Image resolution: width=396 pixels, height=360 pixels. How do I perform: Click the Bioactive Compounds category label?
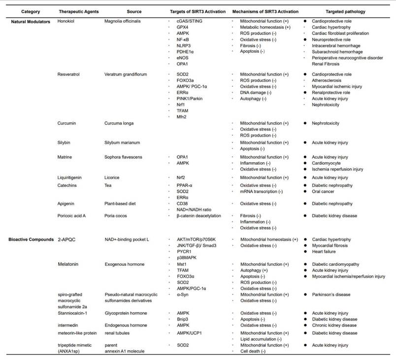[31, 239]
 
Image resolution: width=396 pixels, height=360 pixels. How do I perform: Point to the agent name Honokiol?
[67, 22]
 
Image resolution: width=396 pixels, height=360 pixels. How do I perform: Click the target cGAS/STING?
[190, 22]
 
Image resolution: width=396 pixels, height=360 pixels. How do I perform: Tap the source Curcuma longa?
[120, 123]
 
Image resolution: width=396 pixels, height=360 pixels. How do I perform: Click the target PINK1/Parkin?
[191, 99]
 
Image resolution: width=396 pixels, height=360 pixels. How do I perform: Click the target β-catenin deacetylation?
[199, 216]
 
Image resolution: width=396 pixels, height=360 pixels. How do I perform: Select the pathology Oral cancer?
[325, 191]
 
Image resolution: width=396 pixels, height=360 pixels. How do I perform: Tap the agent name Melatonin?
[69, 264]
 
